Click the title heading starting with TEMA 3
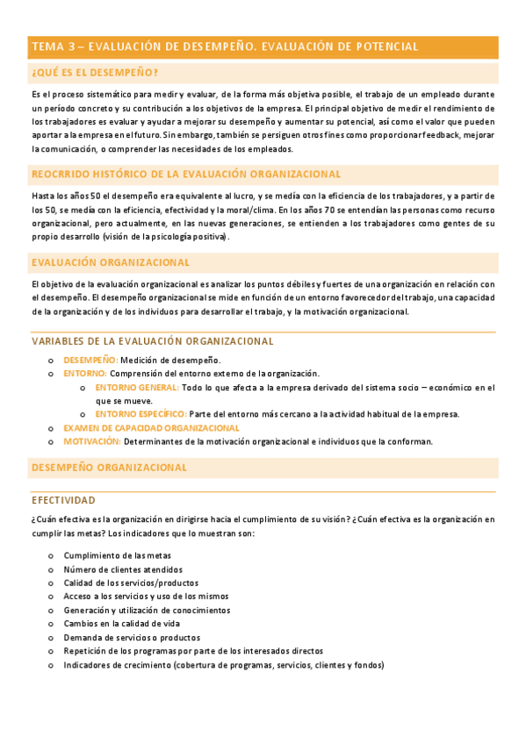click(x=224, y=46)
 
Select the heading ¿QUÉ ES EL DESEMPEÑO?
click(x=95, y=73)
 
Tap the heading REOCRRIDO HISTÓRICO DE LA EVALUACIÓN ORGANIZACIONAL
click(x=185, y=174)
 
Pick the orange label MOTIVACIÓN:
click(x=91, y=441)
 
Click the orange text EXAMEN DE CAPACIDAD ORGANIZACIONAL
click(x=151, y=427)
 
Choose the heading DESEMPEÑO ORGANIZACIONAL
click(x=109, y=468)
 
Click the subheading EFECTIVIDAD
click(x=63, y=500)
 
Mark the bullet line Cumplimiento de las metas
click(x=117, y=555)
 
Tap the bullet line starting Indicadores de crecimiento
click(x=223, y=665)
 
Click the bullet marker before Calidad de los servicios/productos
click(x=50, y=583)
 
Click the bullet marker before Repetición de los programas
click(x=50, y=652)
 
